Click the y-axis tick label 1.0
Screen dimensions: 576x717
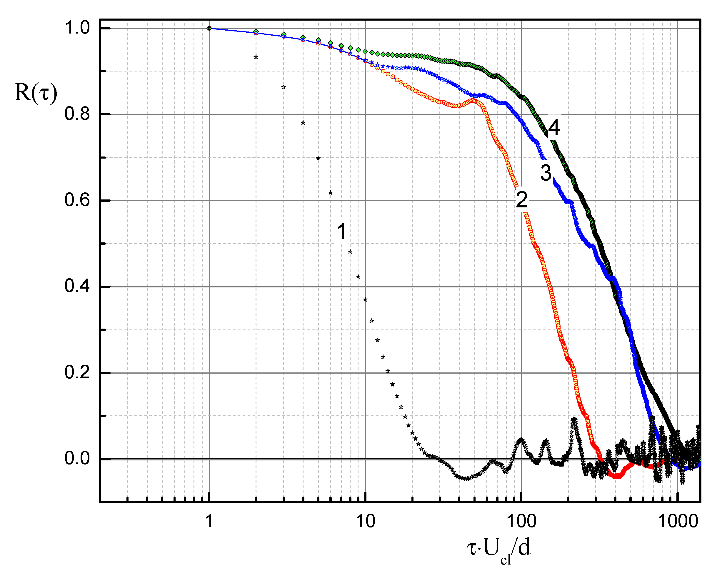77,28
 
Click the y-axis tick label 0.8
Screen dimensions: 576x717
77,114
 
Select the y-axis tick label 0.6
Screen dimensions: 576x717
77,200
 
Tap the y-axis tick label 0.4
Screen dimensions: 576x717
77,286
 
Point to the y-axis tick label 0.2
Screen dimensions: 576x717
77,372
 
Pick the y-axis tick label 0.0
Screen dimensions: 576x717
77,459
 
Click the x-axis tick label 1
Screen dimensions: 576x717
209,521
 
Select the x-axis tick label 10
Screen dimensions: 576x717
366,521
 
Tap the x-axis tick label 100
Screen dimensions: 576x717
521,521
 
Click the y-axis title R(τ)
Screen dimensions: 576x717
36,93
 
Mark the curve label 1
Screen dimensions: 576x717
342,232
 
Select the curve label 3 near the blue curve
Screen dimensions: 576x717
546,173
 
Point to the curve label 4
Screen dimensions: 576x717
554,128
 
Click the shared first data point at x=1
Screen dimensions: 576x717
209,28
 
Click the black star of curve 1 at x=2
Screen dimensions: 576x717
256,57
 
